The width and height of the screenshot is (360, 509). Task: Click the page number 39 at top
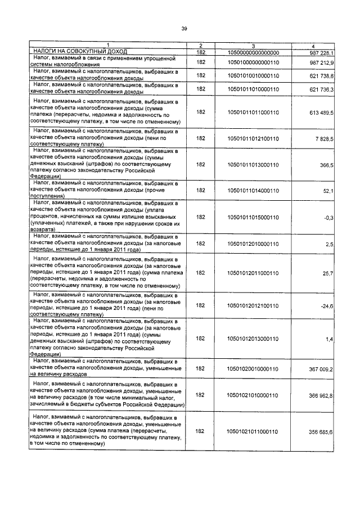pyautogui.click(x=183, y=29)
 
